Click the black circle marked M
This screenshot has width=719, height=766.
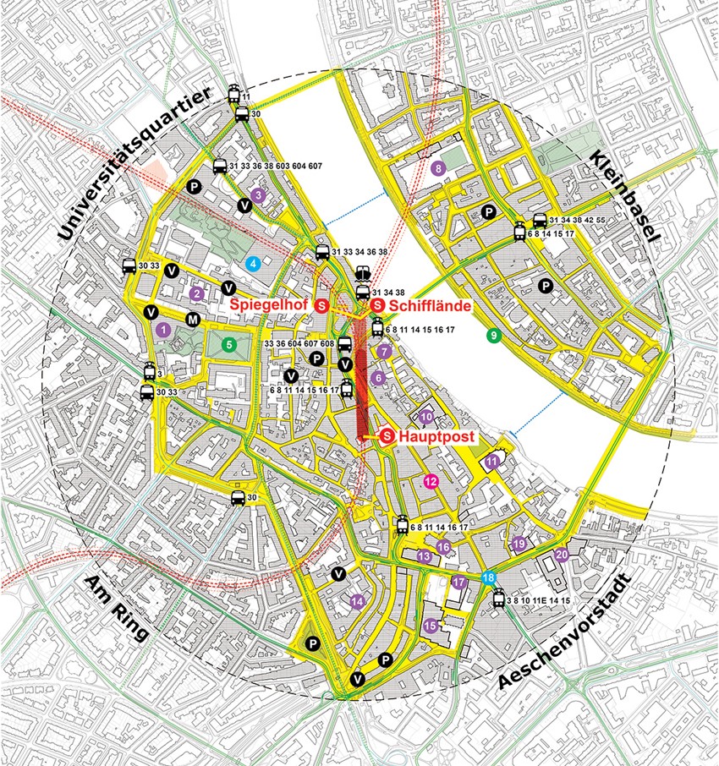[x=193, y=320]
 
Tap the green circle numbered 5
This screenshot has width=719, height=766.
[x=228, y=344]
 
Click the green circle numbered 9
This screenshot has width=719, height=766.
[x=492, y=336]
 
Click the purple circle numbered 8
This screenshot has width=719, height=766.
[x=437, y=168]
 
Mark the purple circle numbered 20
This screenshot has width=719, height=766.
[x=562, y=555]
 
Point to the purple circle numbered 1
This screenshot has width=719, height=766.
[x=164, y=328]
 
